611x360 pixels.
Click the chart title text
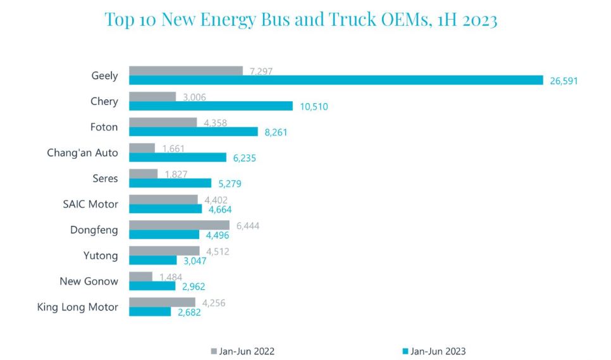click(x=301, y=20)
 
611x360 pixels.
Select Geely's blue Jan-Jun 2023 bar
click(x=336, y=80)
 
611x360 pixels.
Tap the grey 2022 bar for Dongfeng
click(x=179, y=225)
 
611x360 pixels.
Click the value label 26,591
click(x=564, y=81)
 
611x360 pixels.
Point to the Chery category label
click(x=104, y=101)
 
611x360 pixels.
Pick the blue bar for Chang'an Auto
click(x=178, y=158)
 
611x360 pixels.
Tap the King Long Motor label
click(x=78, y=307)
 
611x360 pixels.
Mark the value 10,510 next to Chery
click(x=314, y=107)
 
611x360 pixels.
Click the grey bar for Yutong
click(x=164, y=251)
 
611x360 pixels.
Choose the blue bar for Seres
click(x=170, y=183)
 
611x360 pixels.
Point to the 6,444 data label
click(x=247, y=225)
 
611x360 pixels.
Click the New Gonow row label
click(x=89, y=281)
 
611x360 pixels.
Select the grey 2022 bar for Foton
click(x=163, y=122)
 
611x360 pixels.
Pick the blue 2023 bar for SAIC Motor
click(x=166, y=209)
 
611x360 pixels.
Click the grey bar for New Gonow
click(x=140, y=276)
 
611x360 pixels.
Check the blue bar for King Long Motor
click(x=150, y=312)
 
